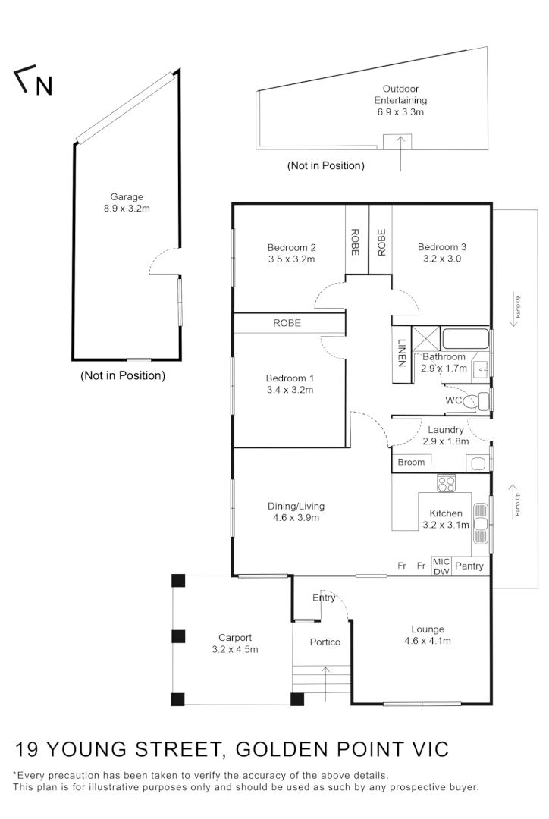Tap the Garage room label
(127, 197)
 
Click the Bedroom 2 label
(291, 247)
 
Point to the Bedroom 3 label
(441, 247)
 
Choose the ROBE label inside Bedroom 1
(287, 323)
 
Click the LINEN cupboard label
(401, 351)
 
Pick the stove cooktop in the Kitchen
(445, 482)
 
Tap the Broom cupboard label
(411, 463)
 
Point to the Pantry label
(469, 566)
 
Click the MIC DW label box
(441, 566)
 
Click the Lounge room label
(428, 629)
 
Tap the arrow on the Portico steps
(325, 683)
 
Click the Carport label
(235, 638)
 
